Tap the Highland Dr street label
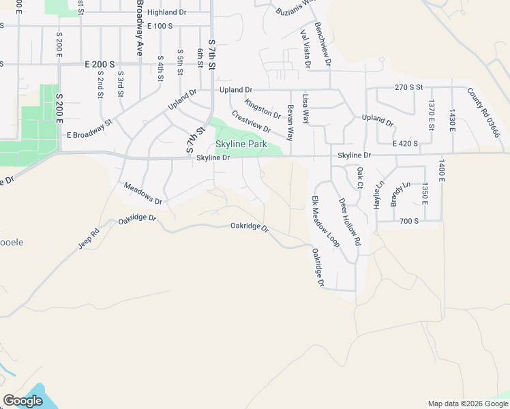166,12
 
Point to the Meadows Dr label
143,194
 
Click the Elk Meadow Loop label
325,221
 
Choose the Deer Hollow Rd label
350,222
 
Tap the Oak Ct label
359,177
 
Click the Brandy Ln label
400,194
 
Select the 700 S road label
410,222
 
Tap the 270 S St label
409,87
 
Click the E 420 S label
405,144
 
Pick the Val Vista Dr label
305,50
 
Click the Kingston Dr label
262,108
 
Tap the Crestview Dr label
251,123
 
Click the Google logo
22,401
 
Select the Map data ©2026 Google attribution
468,404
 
